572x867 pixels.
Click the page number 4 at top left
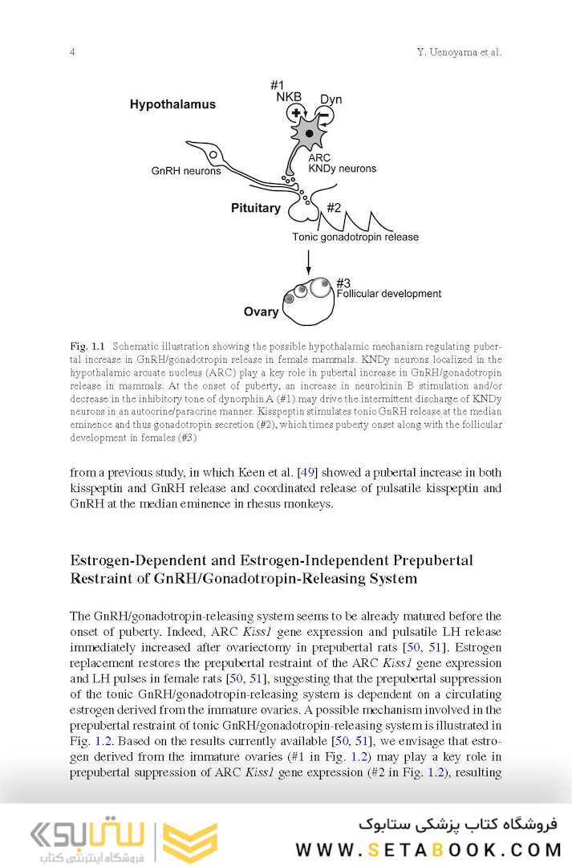(x=72, y=53)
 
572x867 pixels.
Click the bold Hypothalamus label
(x=172, y=104)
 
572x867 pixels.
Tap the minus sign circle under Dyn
(x=324, y=117)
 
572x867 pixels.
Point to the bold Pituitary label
(x=255, y=209)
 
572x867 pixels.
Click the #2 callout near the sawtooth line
(x=335, y=208)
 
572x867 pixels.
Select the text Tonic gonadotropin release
(x=355, y=238)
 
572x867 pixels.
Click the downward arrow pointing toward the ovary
(x=309, y=260)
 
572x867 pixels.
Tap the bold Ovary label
(x=261, y=311)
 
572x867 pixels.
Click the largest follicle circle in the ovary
(x=320, y=288)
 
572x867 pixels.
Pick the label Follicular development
(x=388, y=294)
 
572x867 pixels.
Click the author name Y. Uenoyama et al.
(x=459, y=53)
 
